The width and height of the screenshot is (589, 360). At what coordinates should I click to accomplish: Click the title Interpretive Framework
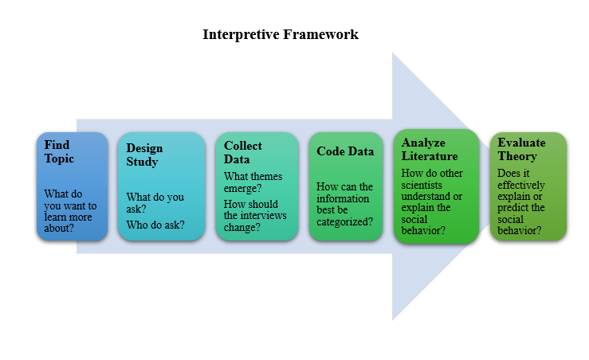tap(281, 34)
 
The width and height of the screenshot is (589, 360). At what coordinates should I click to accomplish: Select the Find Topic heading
tap(59, 151)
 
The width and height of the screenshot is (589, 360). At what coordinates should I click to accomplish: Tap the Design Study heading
tap(144, 155)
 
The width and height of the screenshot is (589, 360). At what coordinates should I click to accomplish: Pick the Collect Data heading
tap(242, 152)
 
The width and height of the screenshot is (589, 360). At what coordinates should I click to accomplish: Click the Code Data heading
tap(345, 151)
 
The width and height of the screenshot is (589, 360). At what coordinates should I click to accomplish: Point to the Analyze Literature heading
tap(430, 149)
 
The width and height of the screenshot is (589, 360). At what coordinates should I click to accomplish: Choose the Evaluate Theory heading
tap(521, 149)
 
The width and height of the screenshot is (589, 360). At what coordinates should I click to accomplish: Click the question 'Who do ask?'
tap(155, 225)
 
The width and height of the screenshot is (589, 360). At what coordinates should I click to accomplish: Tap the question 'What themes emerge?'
tap(253, 182)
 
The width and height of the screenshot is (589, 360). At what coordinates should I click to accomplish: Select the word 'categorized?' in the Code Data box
tap(344, 222)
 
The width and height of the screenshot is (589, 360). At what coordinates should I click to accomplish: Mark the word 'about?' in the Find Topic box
tap(59, 229)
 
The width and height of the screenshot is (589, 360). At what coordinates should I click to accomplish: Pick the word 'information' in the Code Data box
tap(343, 198)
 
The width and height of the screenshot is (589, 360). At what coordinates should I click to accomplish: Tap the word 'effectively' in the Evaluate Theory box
tap(521, 185)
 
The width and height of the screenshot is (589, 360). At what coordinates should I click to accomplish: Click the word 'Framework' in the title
tap(320, 34)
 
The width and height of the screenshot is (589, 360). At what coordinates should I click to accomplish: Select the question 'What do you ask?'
tap(155, 203)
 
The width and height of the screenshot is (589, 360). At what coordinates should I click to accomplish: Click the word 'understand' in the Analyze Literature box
tap(426, 197)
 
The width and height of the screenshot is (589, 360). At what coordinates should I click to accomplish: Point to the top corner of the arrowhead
tap(393, 53)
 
